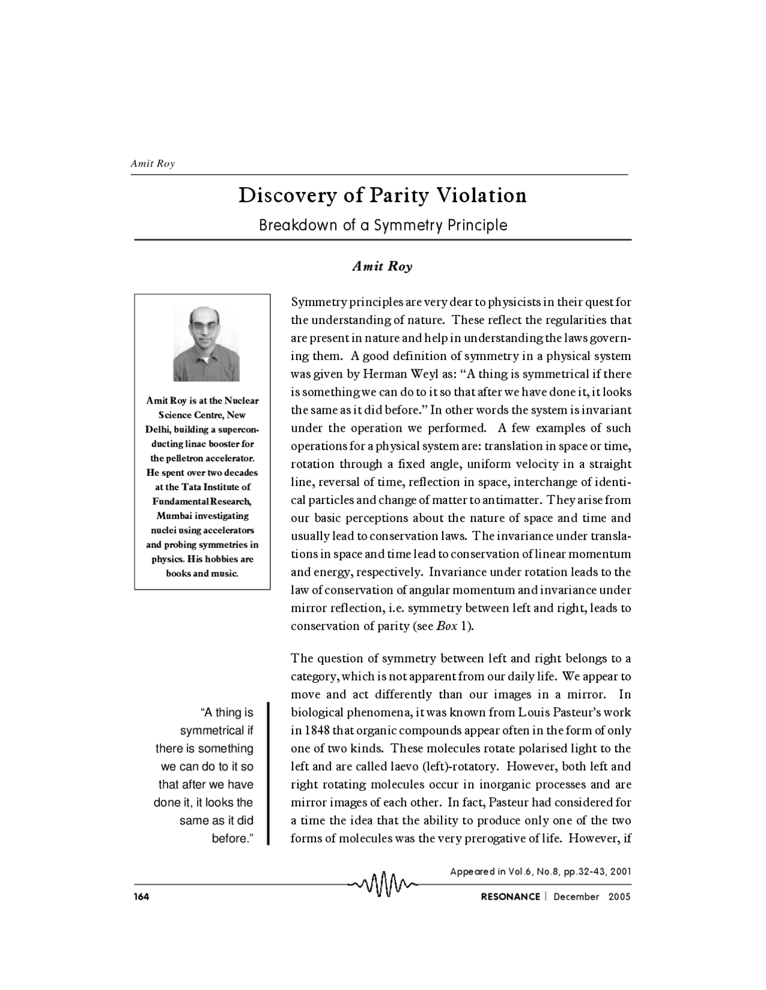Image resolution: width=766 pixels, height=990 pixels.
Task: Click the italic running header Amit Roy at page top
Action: pyautogui.click(x=153, y=164)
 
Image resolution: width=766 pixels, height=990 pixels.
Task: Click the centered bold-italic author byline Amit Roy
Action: pyautogui.click(x=382, y=267)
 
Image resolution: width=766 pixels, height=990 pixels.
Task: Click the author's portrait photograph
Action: pyautogui.click(x=206, y=343)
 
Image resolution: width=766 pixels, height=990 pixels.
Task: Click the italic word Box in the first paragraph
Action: pyautogui.click(x=447, y=627)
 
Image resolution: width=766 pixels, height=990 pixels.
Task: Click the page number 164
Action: pyautogui.click(x=141, y=897)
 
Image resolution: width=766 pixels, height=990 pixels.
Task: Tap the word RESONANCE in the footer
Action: pyautogui.click(x=510, y=897)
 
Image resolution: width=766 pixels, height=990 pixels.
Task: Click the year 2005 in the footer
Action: pyautogui.click(x=619, y=897)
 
